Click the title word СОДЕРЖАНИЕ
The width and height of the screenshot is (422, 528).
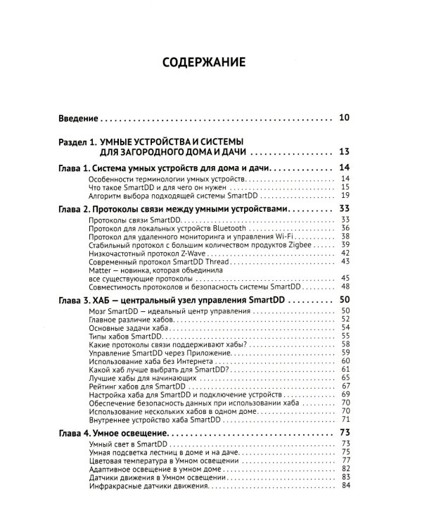204,62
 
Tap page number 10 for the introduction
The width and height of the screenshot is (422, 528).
344,118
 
